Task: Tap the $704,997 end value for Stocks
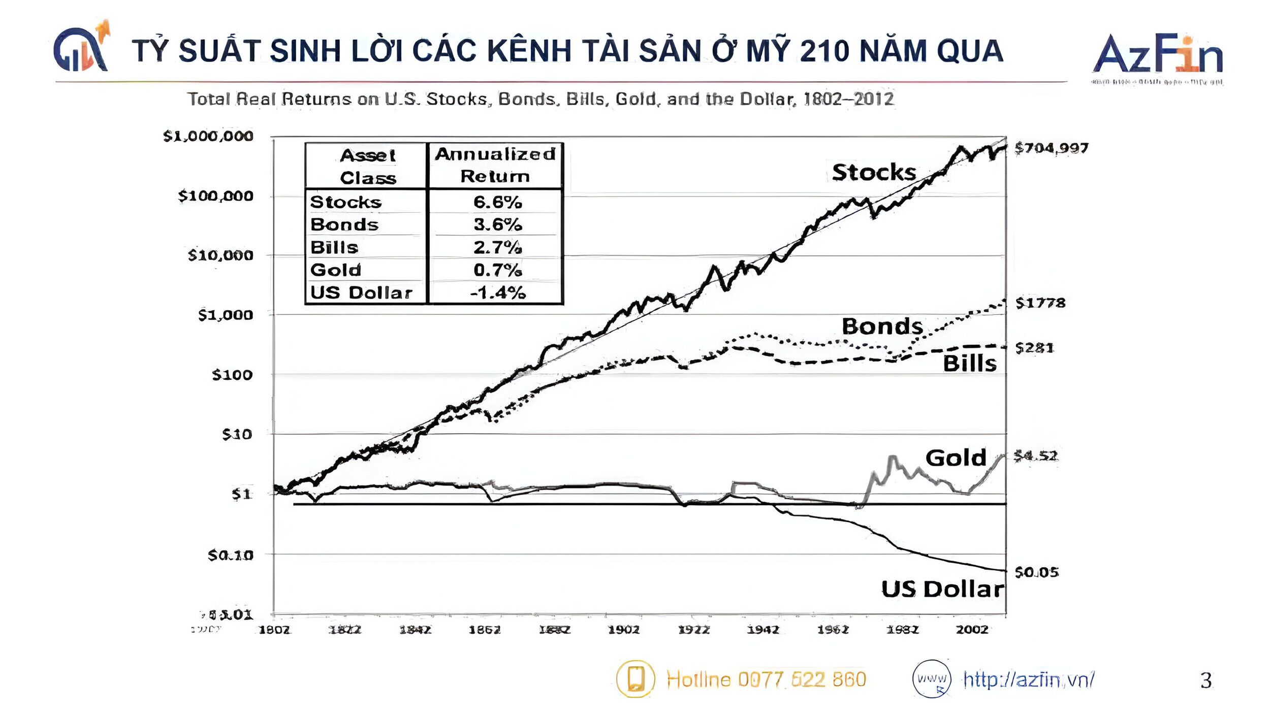1051,148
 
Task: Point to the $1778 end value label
1040,303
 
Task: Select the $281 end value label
1034,348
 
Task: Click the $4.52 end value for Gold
1035,456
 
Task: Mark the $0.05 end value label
1036,572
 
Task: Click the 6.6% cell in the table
497,202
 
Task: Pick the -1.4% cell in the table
497,293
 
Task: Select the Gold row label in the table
336,270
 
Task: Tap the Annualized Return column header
495,165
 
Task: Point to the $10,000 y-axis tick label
220,255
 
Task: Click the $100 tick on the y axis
232,375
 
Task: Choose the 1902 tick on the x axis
624,630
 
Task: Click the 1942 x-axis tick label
763,630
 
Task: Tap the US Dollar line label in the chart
942,589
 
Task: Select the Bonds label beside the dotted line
882,326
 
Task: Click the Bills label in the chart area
969,364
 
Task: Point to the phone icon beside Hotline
635,678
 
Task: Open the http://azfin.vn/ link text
1029,679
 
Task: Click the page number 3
1206,680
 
